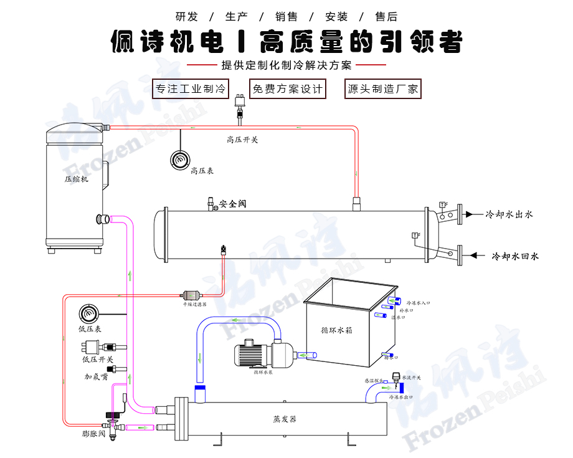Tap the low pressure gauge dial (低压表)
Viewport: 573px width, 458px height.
coord(88,314)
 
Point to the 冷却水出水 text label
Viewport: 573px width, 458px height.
coord(509,214)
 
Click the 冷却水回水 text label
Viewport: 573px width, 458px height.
coord(515,256)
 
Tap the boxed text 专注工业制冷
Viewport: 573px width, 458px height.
coord(191,89)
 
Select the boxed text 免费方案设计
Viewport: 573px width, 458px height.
coord(287,89)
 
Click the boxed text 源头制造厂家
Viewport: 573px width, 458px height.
coord(382,89)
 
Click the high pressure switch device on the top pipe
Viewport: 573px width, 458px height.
coord(239,105)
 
